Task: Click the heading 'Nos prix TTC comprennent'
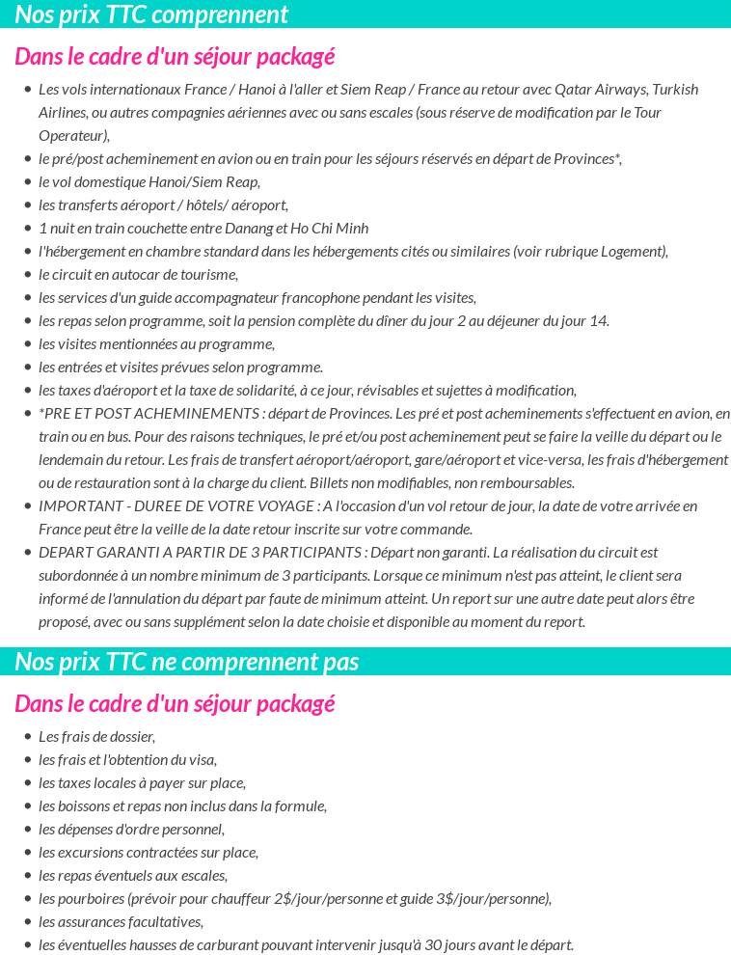coord(151,14)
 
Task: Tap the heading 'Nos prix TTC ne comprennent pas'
coord(187,662)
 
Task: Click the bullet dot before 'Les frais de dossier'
coord(27,737)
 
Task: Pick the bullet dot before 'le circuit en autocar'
coord(27,275)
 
